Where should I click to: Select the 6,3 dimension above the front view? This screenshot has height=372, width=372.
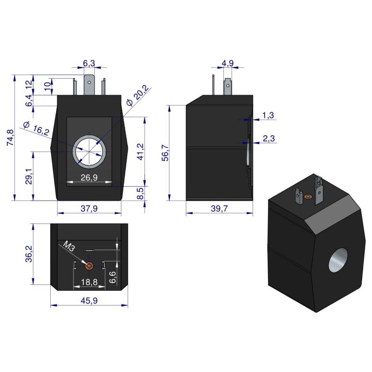pyautogui.click(x=89, y=63)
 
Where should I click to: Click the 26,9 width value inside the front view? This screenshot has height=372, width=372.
pyautogui.click(x=89, y=177)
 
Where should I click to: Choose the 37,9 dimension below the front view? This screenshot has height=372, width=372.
pyautogui.click(x=89, y=208)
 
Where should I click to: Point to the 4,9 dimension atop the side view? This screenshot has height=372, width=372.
pyautogui.click(x=227, y=63)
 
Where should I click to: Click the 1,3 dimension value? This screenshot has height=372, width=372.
pyautogui.click(x=268, y=115)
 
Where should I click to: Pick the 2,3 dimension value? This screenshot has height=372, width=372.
pyautogui.click(x=268, y=138)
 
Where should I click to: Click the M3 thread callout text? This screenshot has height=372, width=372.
pyautogui.click(x=69, y=246)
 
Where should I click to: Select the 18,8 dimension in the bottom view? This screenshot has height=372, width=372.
pyautogui.click(x=89, y=282)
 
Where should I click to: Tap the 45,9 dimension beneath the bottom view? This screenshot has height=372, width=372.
pyautogui.click(x=89, y=300)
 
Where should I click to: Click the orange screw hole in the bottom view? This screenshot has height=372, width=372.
pyautogui.click(x=89, y=266)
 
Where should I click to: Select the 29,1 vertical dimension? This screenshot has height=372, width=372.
pyautogui.click(x=28, y=177)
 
